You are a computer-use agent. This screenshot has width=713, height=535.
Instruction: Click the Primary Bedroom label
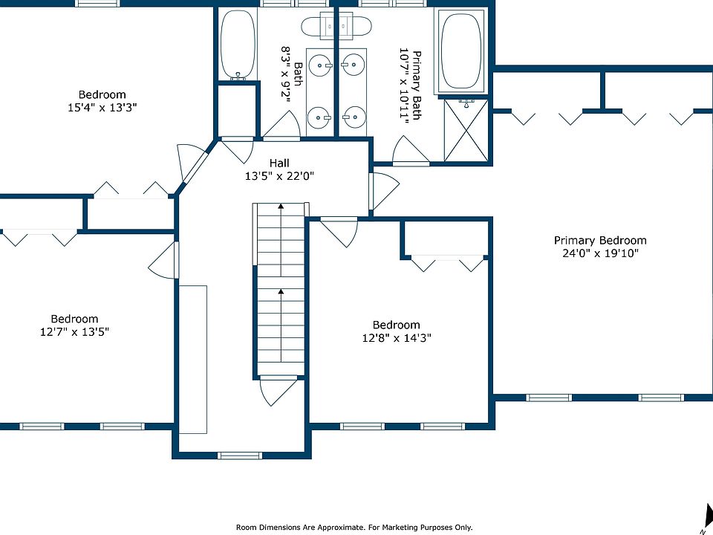[600, 240]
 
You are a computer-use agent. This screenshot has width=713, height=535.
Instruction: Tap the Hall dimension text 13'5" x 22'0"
[280, 175]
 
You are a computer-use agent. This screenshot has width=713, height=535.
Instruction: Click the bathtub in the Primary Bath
[461, 51]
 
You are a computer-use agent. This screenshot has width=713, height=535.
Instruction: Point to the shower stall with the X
[466, 131]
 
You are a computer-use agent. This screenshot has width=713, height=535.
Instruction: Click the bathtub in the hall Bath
[238, 45]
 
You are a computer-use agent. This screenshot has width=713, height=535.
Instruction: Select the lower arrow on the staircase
[281, 325]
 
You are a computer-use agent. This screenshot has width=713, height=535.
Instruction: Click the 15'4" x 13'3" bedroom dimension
[102, 108]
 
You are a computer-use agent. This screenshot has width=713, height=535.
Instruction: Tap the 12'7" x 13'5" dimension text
[74, 331]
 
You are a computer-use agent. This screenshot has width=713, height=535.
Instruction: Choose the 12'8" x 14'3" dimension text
[397, 337]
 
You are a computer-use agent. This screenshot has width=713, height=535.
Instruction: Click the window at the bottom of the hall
[240, 455]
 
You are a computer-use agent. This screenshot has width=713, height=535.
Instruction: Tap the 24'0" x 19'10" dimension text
[600, 253]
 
